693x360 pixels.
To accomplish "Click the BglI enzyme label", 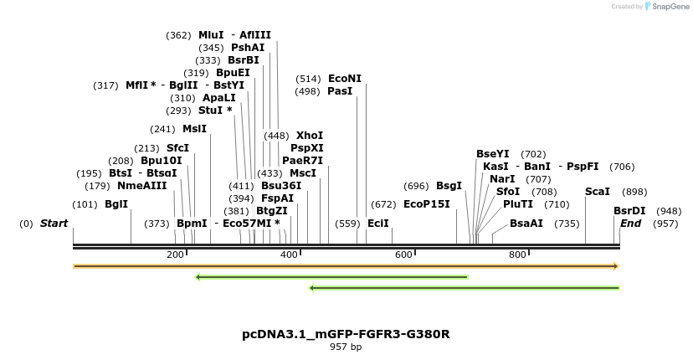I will tap(116, 203).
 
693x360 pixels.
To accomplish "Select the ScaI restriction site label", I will tap(598, 192).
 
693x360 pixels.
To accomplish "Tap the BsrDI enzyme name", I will tap(629, 211).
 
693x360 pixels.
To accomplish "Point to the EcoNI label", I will tap(345, 79).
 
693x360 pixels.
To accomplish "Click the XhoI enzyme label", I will tap(310, 135).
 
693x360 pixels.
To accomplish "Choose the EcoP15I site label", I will tap(427, 203).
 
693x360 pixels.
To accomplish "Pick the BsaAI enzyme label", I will tap(526, 224).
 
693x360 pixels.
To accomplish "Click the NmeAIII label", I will tap(142, 186).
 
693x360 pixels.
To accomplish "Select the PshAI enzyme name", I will tap(248, 48).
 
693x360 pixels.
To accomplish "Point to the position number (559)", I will tap(347, 224).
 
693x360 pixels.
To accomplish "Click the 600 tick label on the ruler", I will tap(403, 255).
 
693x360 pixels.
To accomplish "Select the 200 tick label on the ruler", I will tap(175, 255).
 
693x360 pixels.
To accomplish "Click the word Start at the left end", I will tap(54, 224).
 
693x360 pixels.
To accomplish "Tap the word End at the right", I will tap(630, 224).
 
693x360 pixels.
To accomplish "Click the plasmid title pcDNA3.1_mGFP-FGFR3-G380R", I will tap(346, 334).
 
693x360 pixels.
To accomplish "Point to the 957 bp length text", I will tap(346, 347).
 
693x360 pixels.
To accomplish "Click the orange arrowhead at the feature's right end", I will tap(616, 266).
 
